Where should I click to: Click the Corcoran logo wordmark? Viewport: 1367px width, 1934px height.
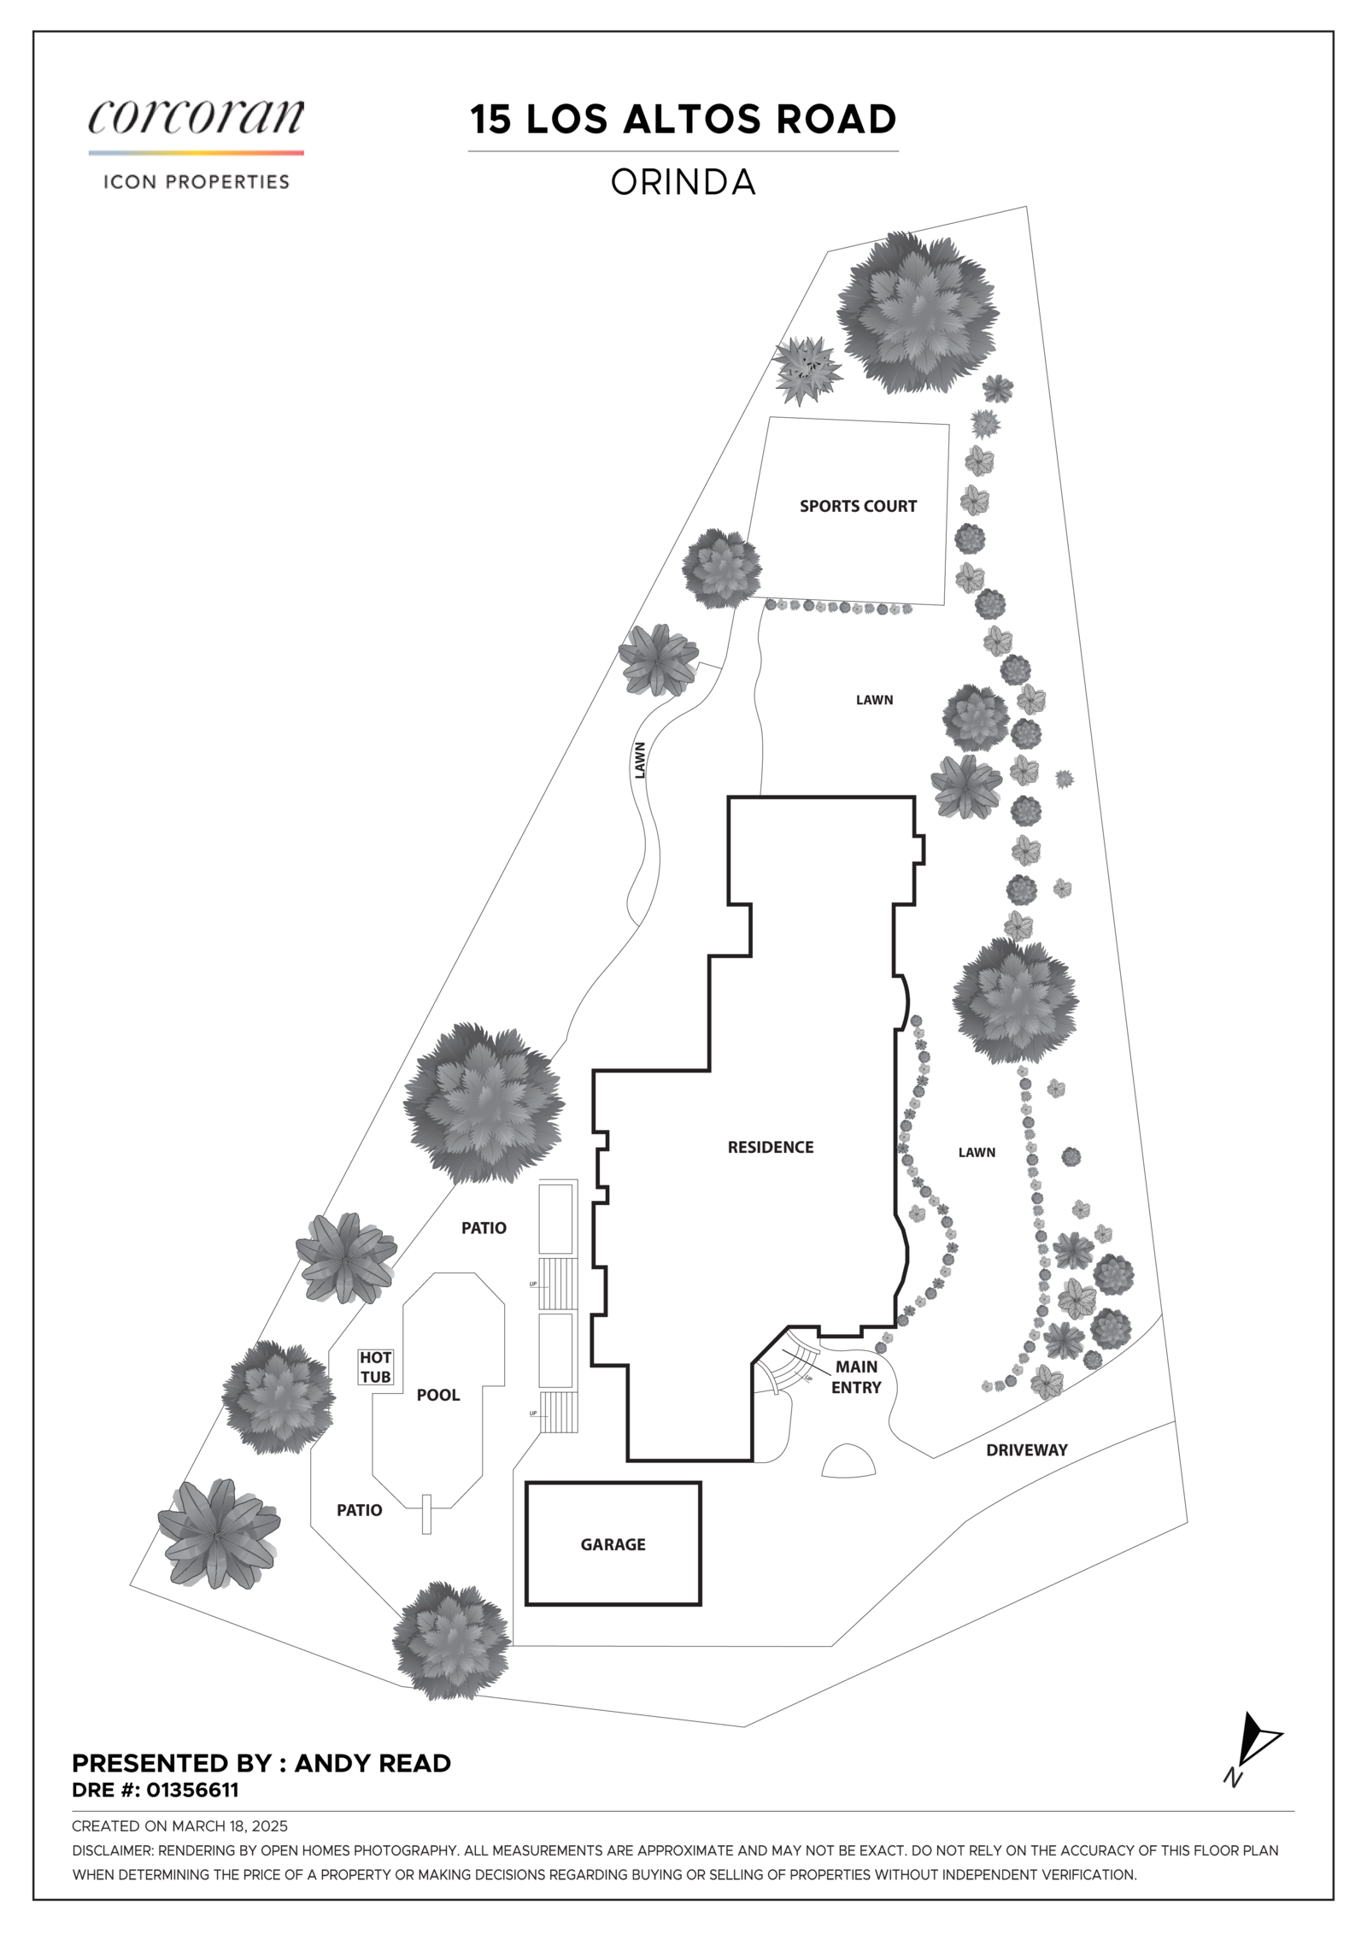click(196, 117)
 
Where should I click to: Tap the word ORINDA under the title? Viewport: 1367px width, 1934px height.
click(683, 182)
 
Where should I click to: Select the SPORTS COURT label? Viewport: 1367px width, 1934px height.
click(858, 506)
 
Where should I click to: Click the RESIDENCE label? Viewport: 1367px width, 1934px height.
click(770, 1147)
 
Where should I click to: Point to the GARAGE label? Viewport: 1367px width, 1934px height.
click(613, 1544)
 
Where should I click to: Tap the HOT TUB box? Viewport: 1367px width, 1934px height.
click(376, 1367)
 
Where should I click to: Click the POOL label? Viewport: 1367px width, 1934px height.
click(438, 1395)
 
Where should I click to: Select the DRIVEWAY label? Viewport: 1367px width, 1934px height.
click(1026, 1449)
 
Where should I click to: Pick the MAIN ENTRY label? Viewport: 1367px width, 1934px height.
click(856, 1377)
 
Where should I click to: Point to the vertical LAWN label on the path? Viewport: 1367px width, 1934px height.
click(640, 759)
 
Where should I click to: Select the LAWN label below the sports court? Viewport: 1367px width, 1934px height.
click(874, 700)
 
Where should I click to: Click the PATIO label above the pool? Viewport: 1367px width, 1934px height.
click(484, 1228)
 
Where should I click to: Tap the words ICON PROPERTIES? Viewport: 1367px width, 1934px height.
click(196, 182)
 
